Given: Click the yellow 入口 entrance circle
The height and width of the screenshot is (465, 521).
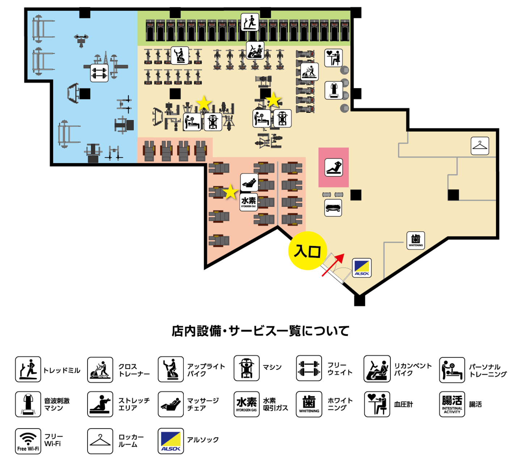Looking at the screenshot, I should coord(307,251).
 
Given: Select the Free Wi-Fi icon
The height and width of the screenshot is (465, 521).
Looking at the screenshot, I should coord(28,441).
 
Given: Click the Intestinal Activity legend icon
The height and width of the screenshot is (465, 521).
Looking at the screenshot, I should coord(452,404).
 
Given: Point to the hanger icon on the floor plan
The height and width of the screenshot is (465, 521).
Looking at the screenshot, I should coord(480,146).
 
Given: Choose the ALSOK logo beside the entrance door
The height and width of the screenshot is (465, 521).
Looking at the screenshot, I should coord(362,268).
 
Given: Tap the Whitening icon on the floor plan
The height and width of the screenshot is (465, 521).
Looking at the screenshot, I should coord(416,240).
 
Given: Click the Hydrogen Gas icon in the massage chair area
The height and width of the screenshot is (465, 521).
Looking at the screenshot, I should coord(249,202).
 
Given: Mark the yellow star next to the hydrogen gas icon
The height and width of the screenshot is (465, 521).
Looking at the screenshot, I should coord(230,192).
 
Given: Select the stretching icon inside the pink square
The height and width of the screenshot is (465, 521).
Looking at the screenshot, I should coord(334,167).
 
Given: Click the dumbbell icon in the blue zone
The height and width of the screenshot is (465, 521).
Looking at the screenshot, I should coord(99,73).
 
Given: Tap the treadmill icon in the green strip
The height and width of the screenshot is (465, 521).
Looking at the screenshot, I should coord(250,22).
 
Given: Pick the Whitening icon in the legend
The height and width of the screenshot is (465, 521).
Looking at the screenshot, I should coord(309,404).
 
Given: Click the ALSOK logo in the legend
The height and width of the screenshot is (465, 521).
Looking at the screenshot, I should coord(171,441).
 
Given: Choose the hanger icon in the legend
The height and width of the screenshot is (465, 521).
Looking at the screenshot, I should coord(100,441).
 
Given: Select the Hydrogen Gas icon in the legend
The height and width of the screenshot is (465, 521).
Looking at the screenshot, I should coord(246,404).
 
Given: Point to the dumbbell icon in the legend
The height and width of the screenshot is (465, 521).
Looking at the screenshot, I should coord(309,368).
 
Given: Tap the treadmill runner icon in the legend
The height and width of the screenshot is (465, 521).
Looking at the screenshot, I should coord(28,369).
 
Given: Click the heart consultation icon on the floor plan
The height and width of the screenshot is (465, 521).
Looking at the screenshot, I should coord(333,58).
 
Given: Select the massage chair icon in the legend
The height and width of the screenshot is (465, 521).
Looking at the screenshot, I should coord(171,404).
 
